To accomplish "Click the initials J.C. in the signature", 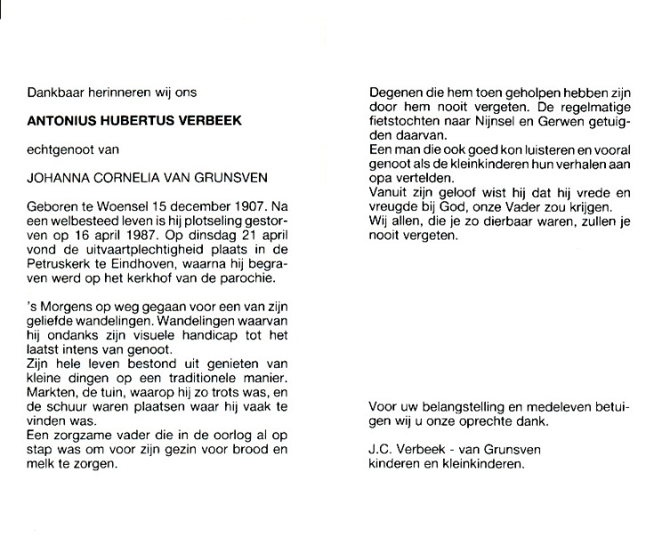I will [x=380, y=451].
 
